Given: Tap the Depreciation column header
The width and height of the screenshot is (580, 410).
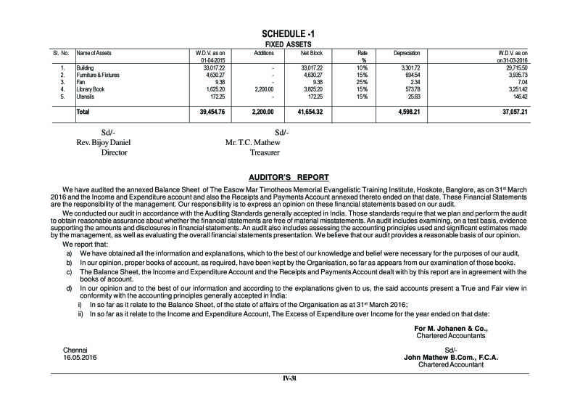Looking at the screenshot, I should click(407, 54).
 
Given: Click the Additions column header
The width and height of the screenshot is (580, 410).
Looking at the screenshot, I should click(265, 54).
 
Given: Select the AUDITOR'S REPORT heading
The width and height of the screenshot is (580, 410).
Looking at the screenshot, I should click(289, 177).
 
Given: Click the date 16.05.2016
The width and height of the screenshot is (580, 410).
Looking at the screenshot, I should click(80, 358).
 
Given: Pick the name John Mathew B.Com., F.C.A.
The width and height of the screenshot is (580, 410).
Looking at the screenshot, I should click(449, 358).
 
